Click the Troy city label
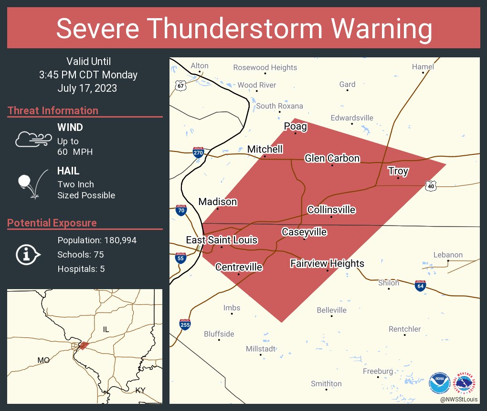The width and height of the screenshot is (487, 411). point(398,171)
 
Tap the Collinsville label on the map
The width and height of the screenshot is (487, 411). point(331,210)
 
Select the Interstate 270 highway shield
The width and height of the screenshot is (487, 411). point(199,152)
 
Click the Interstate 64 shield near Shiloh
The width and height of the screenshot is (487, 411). point(420,285)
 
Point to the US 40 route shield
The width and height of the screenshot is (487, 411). point(431,185)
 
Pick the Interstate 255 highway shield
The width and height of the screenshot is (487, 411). point(185,324)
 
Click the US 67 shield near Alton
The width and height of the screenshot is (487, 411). point(180,85)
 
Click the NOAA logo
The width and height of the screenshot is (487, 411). point(439,382)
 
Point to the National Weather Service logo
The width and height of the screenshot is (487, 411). point(466,382)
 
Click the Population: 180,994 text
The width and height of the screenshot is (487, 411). point(97,240)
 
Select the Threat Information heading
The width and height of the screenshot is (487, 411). point(53,110)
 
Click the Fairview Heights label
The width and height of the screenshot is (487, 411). point(327,263)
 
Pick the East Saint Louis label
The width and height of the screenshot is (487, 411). point(222,240)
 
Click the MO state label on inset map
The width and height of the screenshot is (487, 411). point(43,360)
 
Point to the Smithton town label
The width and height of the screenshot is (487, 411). point(326,383)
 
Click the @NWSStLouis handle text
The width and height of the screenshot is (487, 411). point(459,399)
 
